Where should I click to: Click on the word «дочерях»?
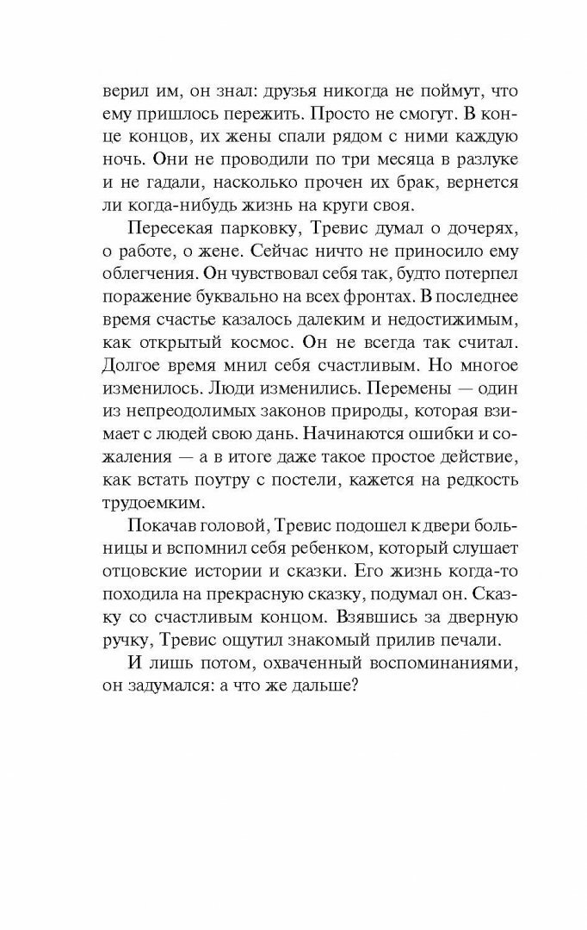pyautogui.click(x=454, y=226)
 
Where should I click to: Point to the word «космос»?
pyautogui.click(x=264, y=339)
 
